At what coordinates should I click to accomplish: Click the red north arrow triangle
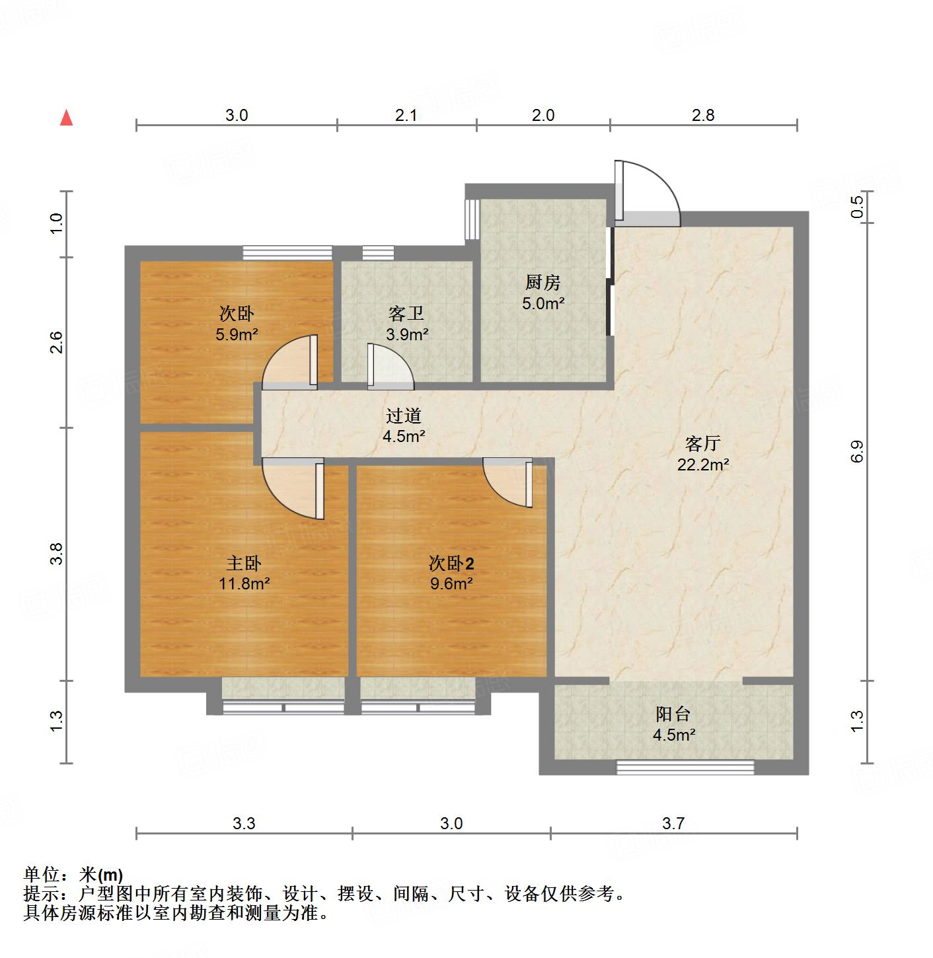[66, 118]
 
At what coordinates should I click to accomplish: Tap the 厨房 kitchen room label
[543, 283]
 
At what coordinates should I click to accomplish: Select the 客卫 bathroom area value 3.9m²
[407, 334]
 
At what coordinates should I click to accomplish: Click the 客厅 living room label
[702, 443]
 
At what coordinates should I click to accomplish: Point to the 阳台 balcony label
[673, 714]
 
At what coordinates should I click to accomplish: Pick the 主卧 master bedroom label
[244, 563]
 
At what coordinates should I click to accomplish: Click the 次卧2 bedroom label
[451, 563]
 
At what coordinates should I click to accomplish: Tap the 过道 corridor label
[403, 416]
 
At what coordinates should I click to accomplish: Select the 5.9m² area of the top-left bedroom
[236, 334]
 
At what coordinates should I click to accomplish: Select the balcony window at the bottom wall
[685, 767]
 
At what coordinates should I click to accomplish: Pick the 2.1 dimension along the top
[406, 116]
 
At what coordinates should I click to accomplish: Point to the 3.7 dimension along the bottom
[673, 823]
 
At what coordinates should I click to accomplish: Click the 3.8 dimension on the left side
[57, 553]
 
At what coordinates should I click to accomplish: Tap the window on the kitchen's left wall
[472, 219]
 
